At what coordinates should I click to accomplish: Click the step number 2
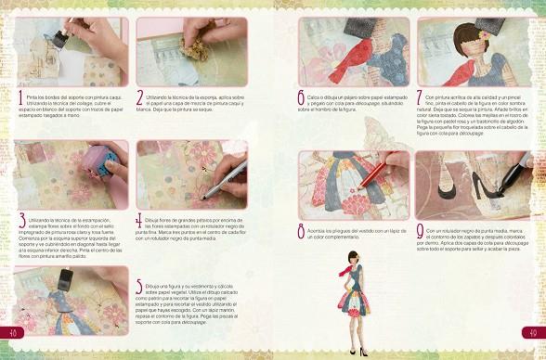pyautogui.click(x=139, y=96)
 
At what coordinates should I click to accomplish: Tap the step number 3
pyautogui.click(x=21, y=220)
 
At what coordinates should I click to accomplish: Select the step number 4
pyautogui.click(x=139, y=220)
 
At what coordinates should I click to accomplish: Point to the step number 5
pyautogui.click(x=139, y=289)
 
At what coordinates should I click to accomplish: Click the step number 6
pyautogui.click(x=301, y=96)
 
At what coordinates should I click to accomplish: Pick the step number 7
pyautogui.click(x=420, y=96)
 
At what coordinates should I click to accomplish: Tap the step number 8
pyautogui.click(x=301, y=231)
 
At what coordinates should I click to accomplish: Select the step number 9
pyautogui.click(x=420, y=231)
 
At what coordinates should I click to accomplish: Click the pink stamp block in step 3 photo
pyautogui.click(x=98, y=165)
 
